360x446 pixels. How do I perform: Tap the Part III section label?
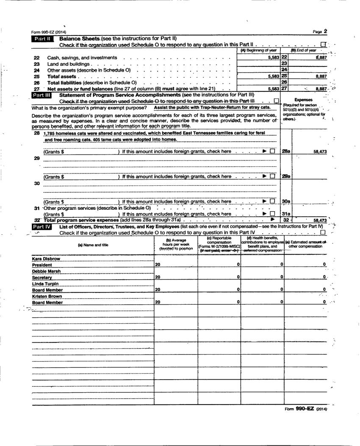click(41, 96)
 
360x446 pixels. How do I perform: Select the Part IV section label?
click(41, 227)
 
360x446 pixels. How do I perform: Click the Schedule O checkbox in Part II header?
click(323, 44)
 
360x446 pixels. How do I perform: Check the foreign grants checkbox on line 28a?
click(272, 151)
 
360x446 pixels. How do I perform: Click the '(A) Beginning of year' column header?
click(258, 50)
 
